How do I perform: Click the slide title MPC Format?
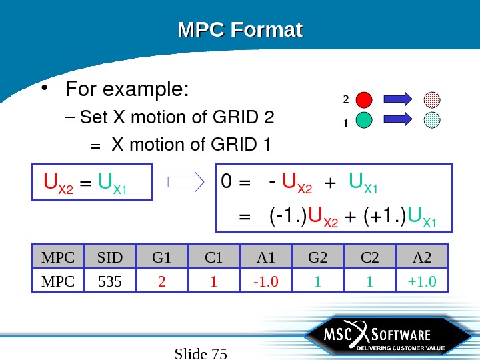(x=240, y=31)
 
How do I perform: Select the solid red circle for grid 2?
(x=364, y=100)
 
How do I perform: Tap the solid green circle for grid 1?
(x=364, y=120)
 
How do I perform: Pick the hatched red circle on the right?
(x=433, y=100)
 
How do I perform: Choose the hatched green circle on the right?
(x=433, y=120)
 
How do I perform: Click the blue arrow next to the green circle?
(x=399, y=120)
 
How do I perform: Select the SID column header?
(x=109, y=257)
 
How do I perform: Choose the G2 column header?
(x=317, y=257)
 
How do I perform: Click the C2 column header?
(x=369, y=257)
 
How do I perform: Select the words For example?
(x=127, y=89)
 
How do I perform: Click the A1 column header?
(x=265, y=257)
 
